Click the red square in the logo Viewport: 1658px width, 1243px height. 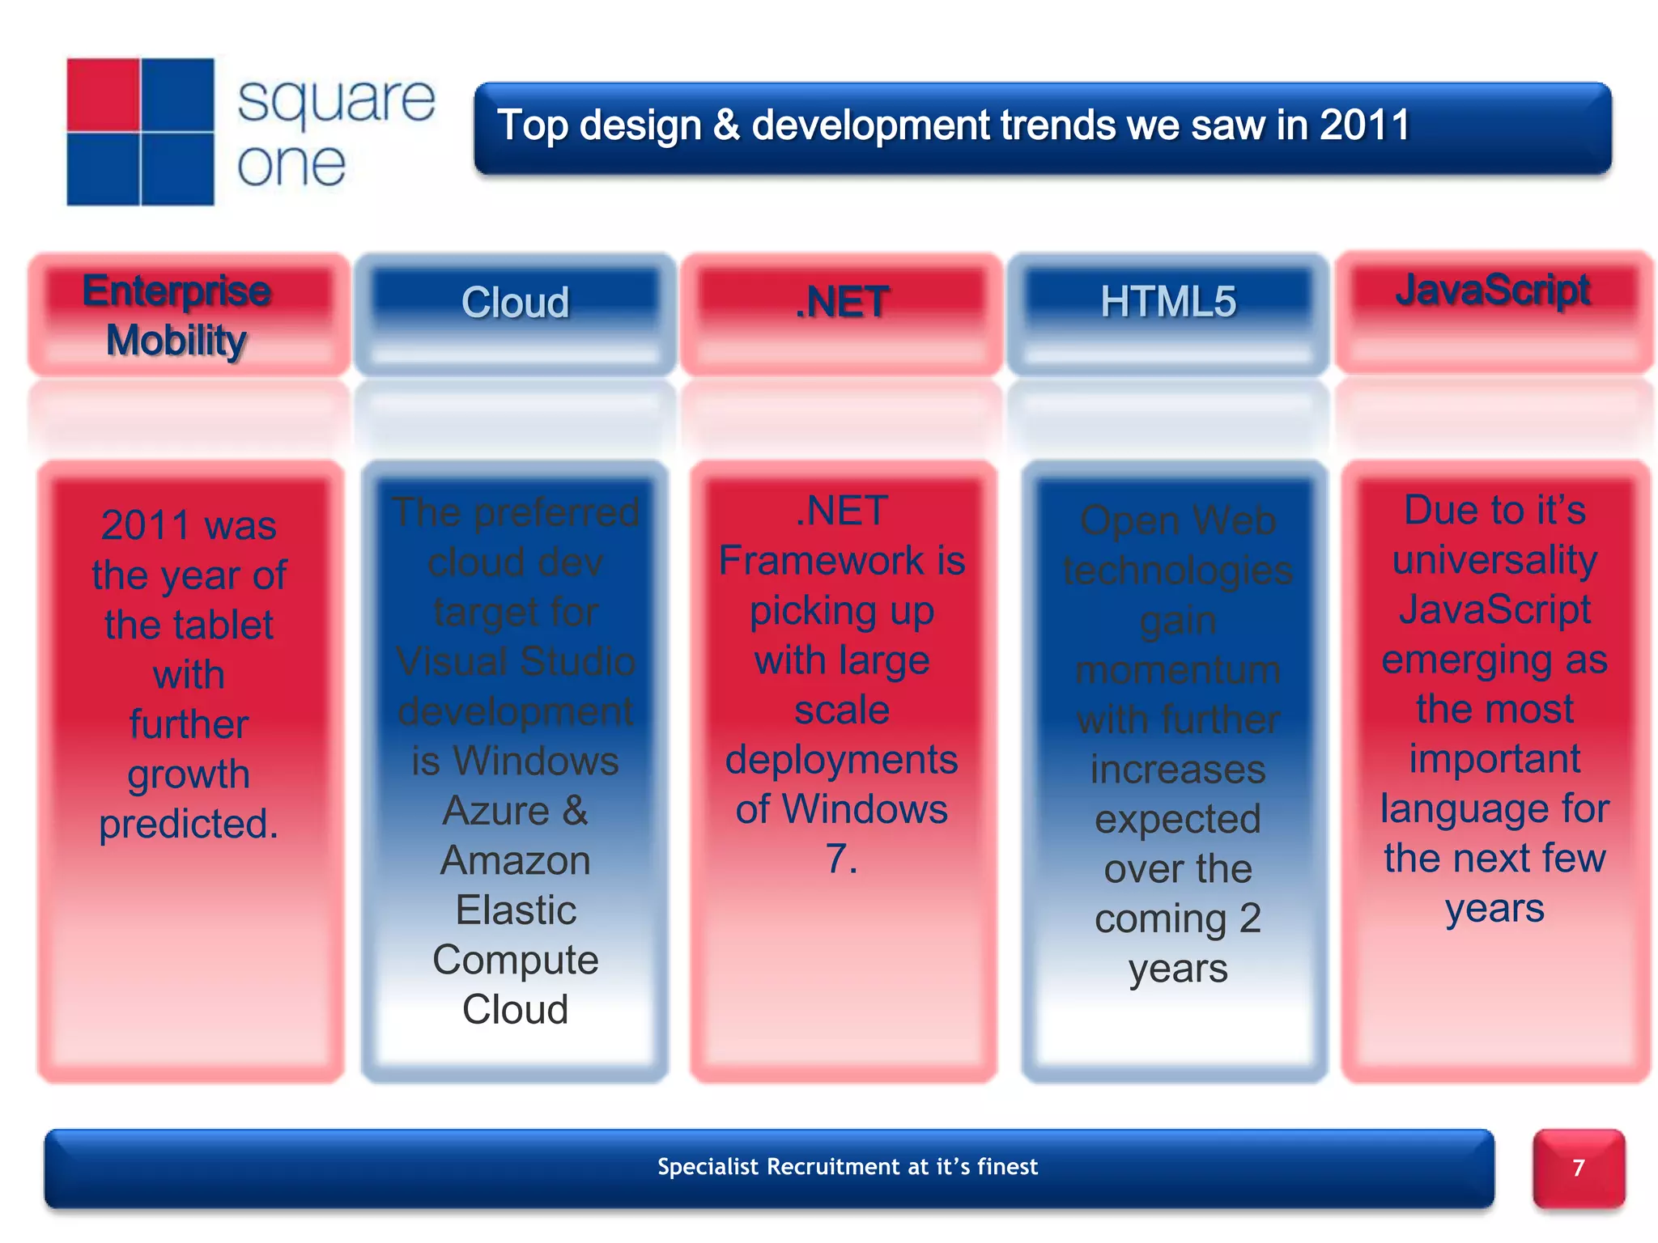click(103, 94)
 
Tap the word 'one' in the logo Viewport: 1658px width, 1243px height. click(291, 165)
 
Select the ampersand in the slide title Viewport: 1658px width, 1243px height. click(726, 126)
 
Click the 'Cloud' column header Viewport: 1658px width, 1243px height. click(515, 303)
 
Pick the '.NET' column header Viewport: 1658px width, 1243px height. click(842, 303)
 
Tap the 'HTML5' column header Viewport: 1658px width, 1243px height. click(1167, 302)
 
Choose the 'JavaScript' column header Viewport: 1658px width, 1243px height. click(1493, 290)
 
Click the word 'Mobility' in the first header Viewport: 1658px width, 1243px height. click(176, 341)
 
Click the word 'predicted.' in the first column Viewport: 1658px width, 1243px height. click(189, 824)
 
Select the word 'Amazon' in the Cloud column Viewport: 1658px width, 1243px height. click(515, 860)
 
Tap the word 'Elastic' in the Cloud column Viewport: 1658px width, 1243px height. click(515, 910)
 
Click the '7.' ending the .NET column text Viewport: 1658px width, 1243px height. click(841, 859)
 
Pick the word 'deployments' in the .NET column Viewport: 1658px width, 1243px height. click(841, 760)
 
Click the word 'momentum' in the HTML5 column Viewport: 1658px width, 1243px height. click(1178, 670)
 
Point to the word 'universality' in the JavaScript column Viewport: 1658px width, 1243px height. click(1494, 560)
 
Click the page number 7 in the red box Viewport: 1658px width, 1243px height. click(1578, 1168)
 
